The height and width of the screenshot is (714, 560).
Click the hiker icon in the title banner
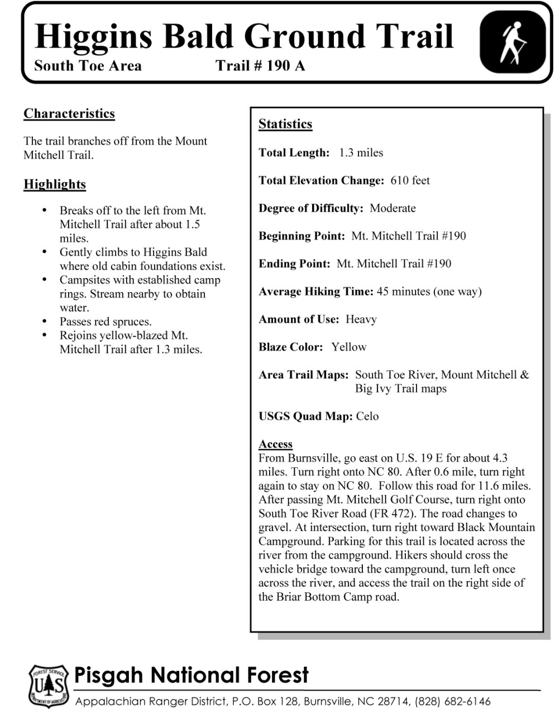[513, 43]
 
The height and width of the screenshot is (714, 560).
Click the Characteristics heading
[69, 113]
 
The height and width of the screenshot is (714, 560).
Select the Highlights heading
[55, 184]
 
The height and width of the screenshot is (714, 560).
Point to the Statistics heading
[285, 124]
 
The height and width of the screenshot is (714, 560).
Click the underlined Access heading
[275, 444]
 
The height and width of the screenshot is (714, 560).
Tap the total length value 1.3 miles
[361, 152]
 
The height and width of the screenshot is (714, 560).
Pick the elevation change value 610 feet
[410, 180]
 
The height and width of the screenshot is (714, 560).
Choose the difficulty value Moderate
[393, 208]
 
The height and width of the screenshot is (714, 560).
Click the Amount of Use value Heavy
[361, 319]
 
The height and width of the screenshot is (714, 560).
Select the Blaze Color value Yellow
[348, 347]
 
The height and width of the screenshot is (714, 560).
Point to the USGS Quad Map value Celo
[367, 416]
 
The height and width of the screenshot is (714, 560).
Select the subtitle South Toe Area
[88, 66]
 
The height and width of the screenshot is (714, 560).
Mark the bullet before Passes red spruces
[45, 322]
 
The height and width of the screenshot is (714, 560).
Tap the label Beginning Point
[301, 236]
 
